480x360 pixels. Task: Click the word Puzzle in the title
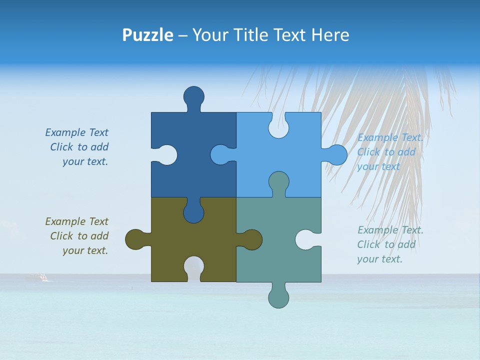pyautogui.click(x=147, y=35)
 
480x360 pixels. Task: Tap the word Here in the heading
pyautogui.click(x=330, y=35)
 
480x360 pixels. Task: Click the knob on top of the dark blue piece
pyautogui.click(x=193, y=96)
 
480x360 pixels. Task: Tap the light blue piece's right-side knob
pyautogui.click(x=336, y=155)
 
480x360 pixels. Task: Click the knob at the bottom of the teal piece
pyautogui.click(x=278, y=297)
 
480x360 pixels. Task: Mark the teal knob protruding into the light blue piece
pyautogui.click(x=278, y=182)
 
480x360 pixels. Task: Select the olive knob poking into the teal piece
pyautogui.click(x=251, y=239)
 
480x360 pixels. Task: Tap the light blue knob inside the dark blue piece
pyautogui.click(x=221, y=155)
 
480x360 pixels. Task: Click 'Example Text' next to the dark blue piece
pyautogui.click(x=76, y=132)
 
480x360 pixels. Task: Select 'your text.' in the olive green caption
pyautogui.click(x=85, y=250)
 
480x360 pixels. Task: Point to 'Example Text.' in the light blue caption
pyautogui.click(x=390, y=137)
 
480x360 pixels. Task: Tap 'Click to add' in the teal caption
pyautogui.click(x=386, y=244)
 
